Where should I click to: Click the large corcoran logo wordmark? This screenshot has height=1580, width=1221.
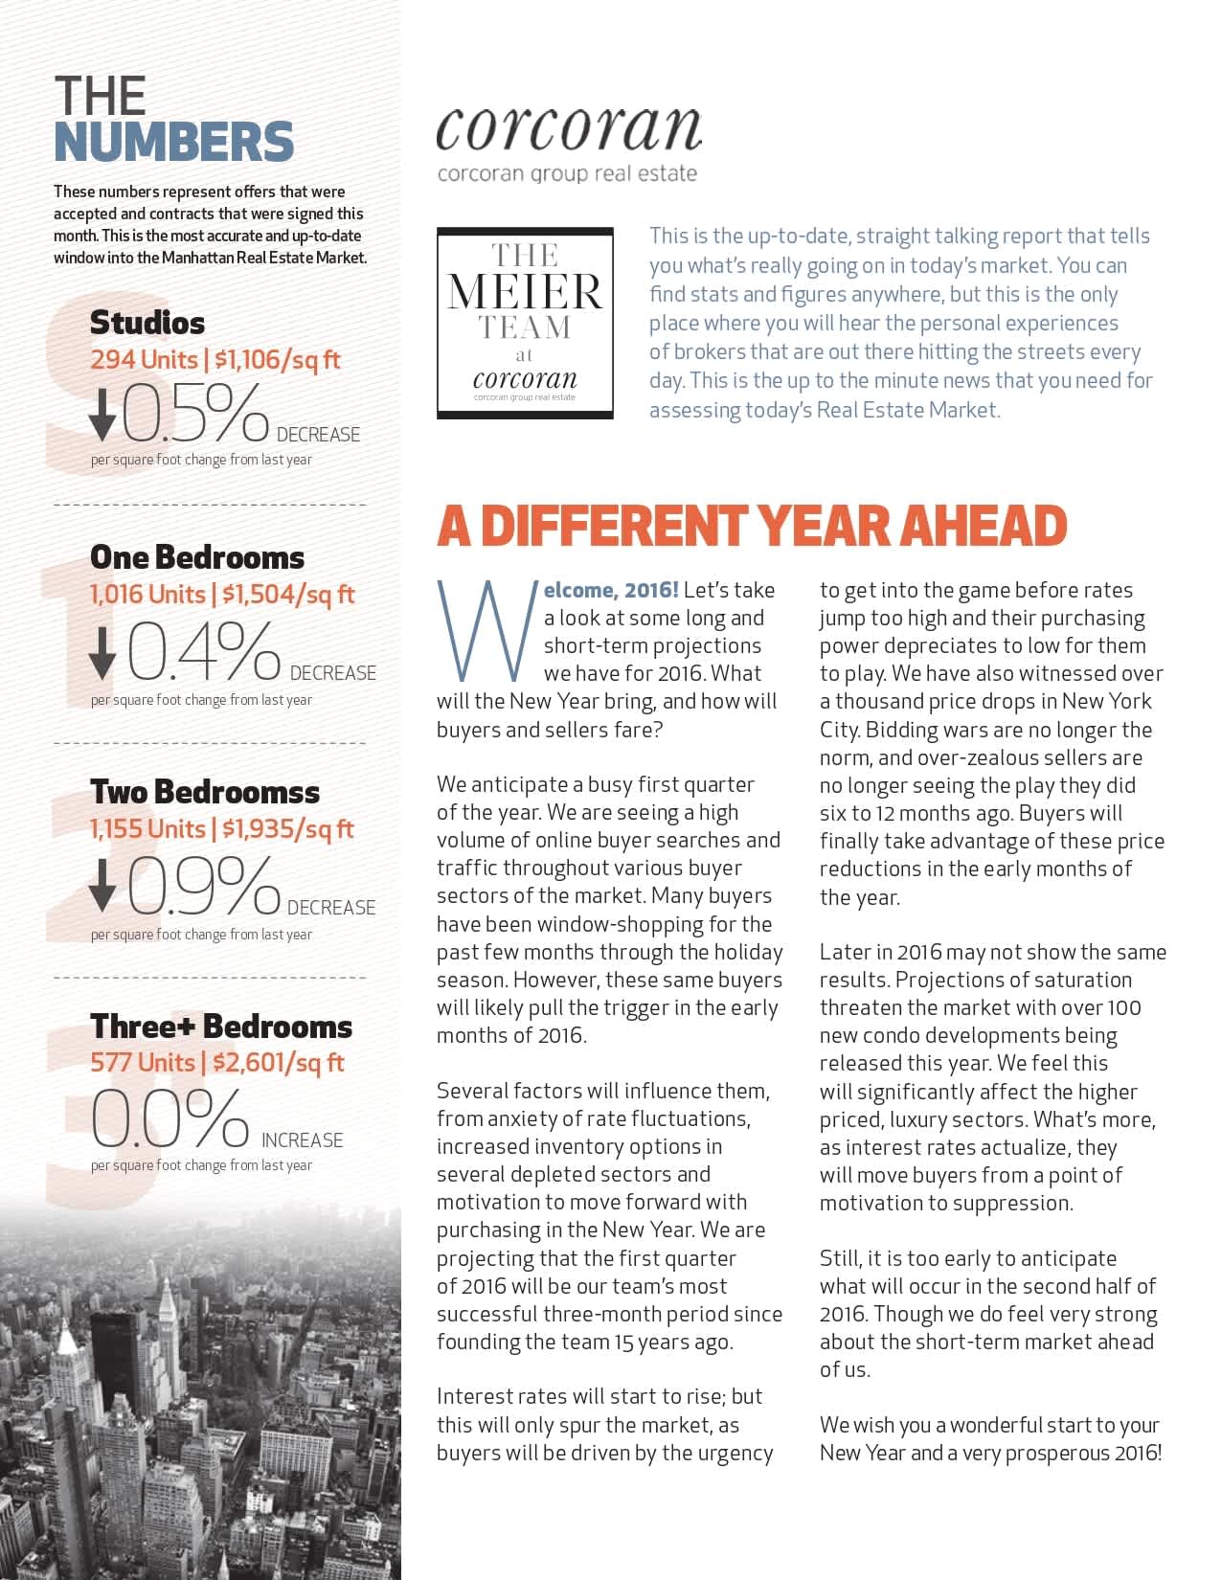(x=569, y=129)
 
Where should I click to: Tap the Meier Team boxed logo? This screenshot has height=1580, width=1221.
(x=525, y=323)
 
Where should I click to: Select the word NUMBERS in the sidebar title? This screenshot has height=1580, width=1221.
(x=173, y=142)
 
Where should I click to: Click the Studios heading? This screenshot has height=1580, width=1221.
(x=147, y=323)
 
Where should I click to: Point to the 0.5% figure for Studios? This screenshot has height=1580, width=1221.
(x=195, y=415)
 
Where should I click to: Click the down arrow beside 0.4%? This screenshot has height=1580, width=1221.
(x=102, y=653)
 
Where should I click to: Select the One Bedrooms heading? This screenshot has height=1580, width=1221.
(x=197, y=557)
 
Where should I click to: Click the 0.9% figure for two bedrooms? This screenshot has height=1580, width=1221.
(x=203, y=886)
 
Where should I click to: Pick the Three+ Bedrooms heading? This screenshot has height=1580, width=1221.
(x=221, y=1027)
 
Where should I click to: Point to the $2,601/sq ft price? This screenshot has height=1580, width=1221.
(x=278, y=1063)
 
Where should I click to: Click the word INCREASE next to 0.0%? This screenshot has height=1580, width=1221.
(x=302, y=1140)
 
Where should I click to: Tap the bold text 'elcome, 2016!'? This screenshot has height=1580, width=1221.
(x=611, y=590)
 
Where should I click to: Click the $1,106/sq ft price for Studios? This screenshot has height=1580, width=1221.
(x=278, y=360)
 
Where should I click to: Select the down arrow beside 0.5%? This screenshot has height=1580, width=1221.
(x=102, y=415)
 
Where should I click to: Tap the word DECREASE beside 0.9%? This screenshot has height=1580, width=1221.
(x=331, y=908)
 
